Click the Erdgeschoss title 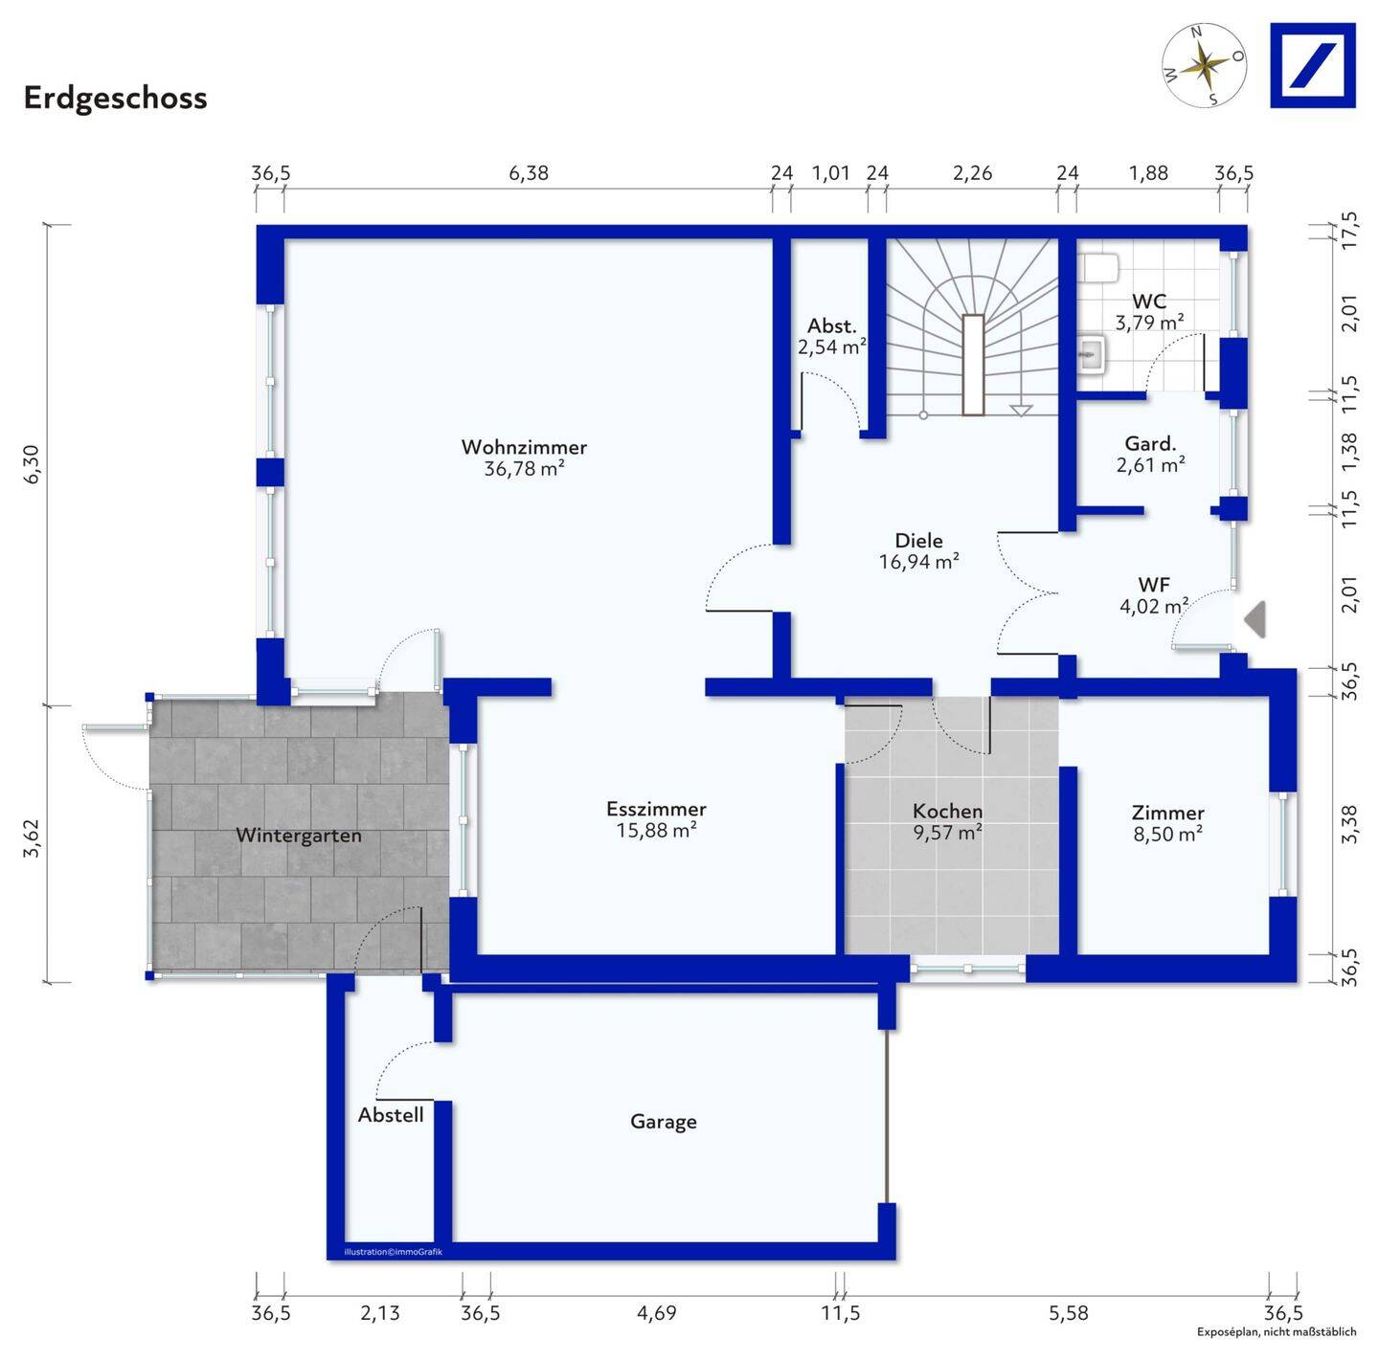115,98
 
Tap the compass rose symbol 1204,65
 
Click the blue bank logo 1312,65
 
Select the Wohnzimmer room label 524,447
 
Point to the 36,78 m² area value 524,469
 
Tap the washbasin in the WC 1092,356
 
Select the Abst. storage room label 831,325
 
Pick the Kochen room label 947,812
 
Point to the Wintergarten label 299,836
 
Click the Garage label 663,1122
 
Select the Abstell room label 391,1115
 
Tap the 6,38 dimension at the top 529,173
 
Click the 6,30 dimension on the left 32,464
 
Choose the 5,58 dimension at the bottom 1068,1313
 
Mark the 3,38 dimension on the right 1349,824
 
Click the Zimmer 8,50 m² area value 1167,835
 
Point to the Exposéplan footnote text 1276,1332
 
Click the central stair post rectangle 973,365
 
